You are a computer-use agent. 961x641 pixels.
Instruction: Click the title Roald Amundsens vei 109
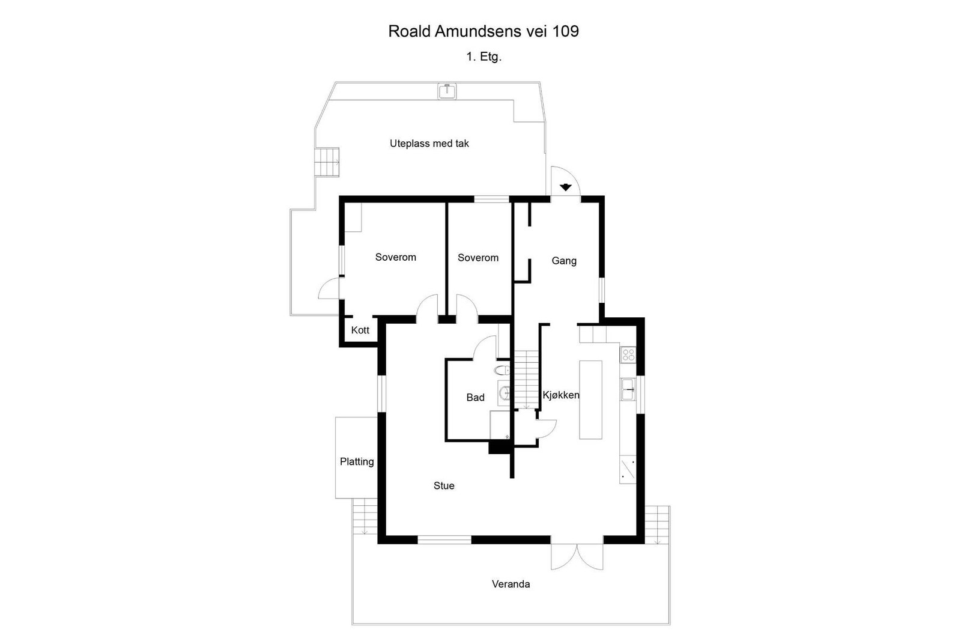[x=484, y=31]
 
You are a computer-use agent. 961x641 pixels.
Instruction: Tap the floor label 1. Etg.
[x=484, y=56]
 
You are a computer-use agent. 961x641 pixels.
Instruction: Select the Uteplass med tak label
[x=429, y=144]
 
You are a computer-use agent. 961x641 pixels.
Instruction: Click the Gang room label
[x=564, y=261]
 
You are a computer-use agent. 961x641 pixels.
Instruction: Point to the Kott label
[x=360, y=330]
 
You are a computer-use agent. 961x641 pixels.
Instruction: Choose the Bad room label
[x=475, y=398]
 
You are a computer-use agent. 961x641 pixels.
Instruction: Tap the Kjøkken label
[x=561, y=395]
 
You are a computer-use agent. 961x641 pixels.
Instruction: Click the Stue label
[x=444, y=485]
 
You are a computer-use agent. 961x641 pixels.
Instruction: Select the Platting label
[x=357, y=462]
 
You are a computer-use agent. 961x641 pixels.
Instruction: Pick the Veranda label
[x=511, y=585]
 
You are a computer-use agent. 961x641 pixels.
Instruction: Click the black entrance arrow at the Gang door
[x=565, y=187]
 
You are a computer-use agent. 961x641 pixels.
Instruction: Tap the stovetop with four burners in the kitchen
[x=628, y=355]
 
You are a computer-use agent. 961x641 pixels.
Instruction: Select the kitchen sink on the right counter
[x=628, y=389]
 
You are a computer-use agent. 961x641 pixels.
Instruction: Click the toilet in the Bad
[x=502, y=370]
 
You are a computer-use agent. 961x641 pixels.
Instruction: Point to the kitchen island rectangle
[x=590, y=400]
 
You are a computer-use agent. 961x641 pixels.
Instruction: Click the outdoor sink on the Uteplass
[x=447, y=91]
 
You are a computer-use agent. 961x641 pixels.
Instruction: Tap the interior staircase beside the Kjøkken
[x=526, y=380]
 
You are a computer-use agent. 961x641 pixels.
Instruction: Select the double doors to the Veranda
[x=577, y=557]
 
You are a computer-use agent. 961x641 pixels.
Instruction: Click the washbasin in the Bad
[x=504, y=392]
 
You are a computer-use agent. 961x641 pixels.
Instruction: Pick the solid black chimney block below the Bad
[x=500, y=448]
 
